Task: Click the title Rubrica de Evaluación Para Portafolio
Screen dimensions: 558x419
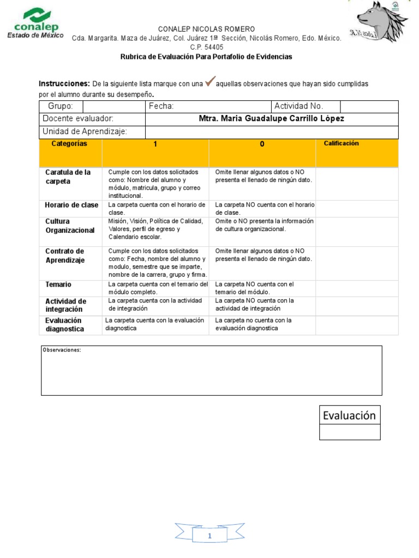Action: pyautogui.click(x=206, y=57)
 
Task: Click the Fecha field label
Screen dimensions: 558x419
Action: pyautogui.click(x=161, y=106)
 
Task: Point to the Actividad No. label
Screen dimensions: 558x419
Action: pyautogui.click(x=298, y=106)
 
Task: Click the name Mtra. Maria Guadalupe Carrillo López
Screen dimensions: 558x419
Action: pyautogui.click(x=272, y=119)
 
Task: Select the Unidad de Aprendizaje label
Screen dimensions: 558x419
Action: pyautogui.click(x=85, y=131)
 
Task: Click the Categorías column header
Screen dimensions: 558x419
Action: pyautogui.click(x=69, y=143)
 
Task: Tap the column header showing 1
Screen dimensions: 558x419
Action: pyautogui.click(x=155, y=144)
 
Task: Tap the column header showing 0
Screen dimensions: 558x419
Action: pyautogui.click(x=262, y=144)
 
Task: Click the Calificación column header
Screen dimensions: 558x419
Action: pyautogui.click(x=342, y=143)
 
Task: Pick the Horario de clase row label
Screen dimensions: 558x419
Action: pyautogui.click(x=71, y=205)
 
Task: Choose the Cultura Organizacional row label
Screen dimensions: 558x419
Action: pyautogui.click(x=70, y=226)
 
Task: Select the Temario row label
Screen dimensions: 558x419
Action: pyautogui.click(x=58, y=284)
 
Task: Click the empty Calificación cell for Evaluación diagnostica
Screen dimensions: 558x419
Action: pyautogui.click(x=357, y=325)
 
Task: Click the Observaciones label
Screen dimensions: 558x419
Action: pyautogui.click(x=62, y=350)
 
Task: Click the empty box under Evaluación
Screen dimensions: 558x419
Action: pyautogui.click(x=350, y=432)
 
